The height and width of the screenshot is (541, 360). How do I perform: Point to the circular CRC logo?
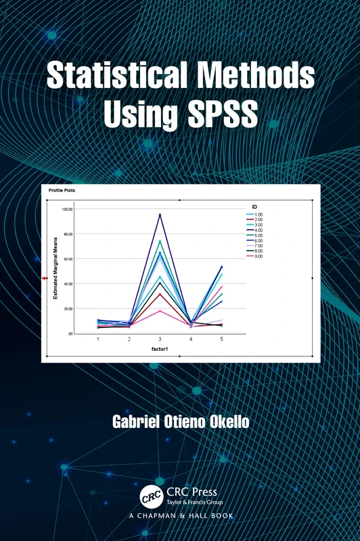click(x=152, y=497)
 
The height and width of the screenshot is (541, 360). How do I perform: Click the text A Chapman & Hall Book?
click(x=180, y=517)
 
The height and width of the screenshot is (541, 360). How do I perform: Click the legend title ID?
click(x=254, y=206)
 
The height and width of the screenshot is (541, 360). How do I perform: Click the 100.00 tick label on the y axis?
click(x=67, y=209)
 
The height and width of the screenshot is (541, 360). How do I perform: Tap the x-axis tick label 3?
click(x=160, y=339)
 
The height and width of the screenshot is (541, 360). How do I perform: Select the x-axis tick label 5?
click(x=221, y=339)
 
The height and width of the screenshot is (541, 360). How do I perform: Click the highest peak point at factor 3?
click(x=160, y=214)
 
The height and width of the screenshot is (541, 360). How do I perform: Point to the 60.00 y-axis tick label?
click(x=67, y=259)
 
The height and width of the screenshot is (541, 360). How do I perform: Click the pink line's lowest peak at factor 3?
click(x=160, y=311)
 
